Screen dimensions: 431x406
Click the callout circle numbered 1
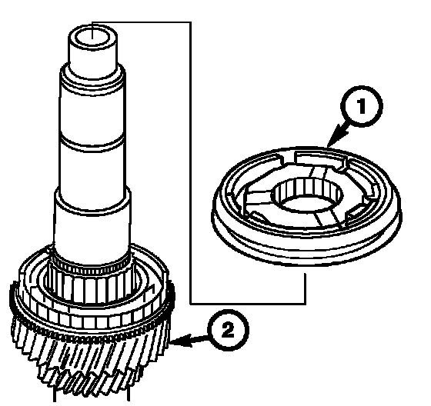pyautogui.click(x=361, y=106)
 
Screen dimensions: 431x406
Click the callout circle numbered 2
pyautogui.click(x=228, y=330)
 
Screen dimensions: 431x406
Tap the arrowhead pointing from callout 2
pyautogui.click(x=181, y=341)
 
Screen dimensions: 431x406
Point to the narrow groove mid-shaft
pyautogui.click(x=92, y=140)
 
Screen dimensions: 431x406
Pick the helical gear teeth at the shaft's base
pyautogui.click(x=91, y=357)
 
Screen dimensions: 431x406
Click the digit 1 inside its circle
pyautogui.click(x=362, y=106)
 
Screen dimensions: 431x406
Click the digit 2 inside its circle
pyautogui.click(x=228, y=330)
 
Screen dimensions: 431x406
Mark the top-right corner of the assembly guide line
pyautogui.click(x=190, y=22)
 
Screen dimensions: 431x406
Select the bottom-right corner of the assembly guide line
pyautogui.click(x=305, y=304)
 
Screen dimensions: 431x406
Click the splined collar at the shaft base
pyautogui.click(x=91, y=286)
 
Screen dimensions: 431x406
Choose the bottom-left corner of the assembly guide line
pyautogui.click(x=190, y=304)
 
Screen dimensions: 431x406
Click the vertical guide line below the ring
pyautogui.click(x=305, y=288)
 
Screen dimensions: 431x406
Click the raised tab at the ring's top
pyautogui.click(x=319, y=159)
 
